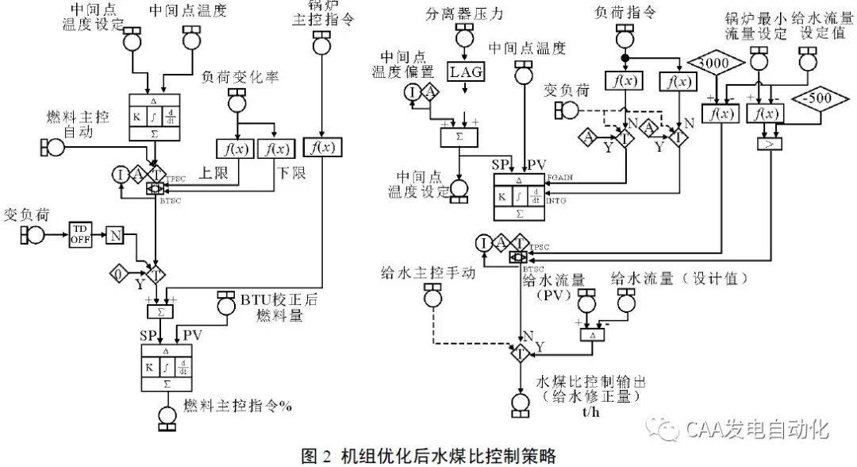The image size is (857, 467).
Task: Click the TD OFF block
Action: click(81, 233)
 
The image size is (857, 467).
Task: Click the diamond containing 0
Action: click(120, 275)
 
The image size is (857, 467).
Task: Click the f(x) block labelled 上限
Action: click(232, 148)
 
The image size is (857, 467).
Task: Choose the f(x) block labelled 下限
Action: click(275, 148)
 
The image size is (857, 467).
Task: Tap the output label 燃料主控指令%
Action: click(238, 405)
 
